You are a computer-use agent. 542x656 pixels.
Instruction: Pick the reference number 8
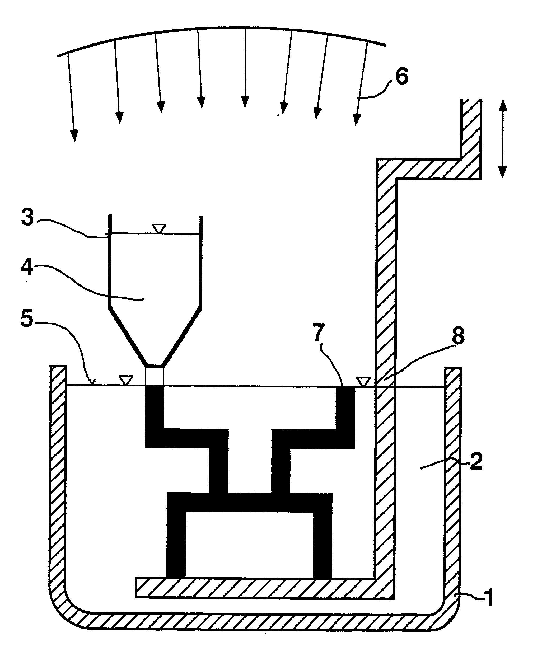coord(458,336)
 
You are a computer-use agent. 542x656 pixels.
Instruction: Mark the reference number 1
coord(489,598)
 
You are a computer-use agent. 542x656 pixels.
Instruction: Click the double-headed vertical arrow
coord(502,139)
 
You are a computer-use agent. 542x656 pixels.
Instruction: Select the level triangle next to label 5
coord(127,380)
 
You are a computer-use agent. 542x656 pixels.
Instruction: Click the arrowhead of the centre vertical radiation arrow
coord(245,102)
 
